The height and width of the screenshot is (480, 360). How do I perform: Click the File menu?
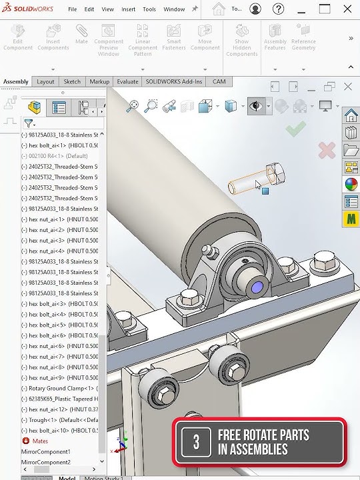[72, 9]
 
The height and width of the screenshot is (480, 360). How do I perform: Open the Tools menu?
[149, 9]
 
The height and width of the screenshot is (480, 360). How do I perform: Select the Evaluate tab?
[127, 81]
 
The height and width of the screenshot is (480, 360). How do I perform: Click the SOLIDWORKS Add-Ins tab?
[173, 81]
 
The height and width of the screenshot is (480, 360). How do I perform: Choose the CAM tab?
[219, 81]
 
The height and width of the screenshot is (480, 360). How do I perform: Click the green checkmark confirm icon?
[295, 129]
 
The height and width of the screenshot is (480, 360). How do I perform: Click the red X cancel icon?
[326, 150]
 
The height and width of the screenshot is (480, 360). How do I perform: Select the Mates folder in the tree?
[40, 441]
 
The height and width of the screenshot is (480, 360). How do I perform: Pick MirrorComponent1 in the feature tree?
[45, 451]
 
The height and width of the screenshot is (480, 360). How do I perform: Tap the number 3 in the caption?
[196, 441]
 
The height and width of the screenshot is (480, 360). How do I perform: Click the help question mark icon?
[279, 9]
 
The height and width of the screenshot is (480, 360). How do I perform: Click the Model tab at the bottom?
[67, 477]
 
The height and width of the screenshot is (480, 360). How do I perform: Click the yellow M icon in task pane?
[351, 219]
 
